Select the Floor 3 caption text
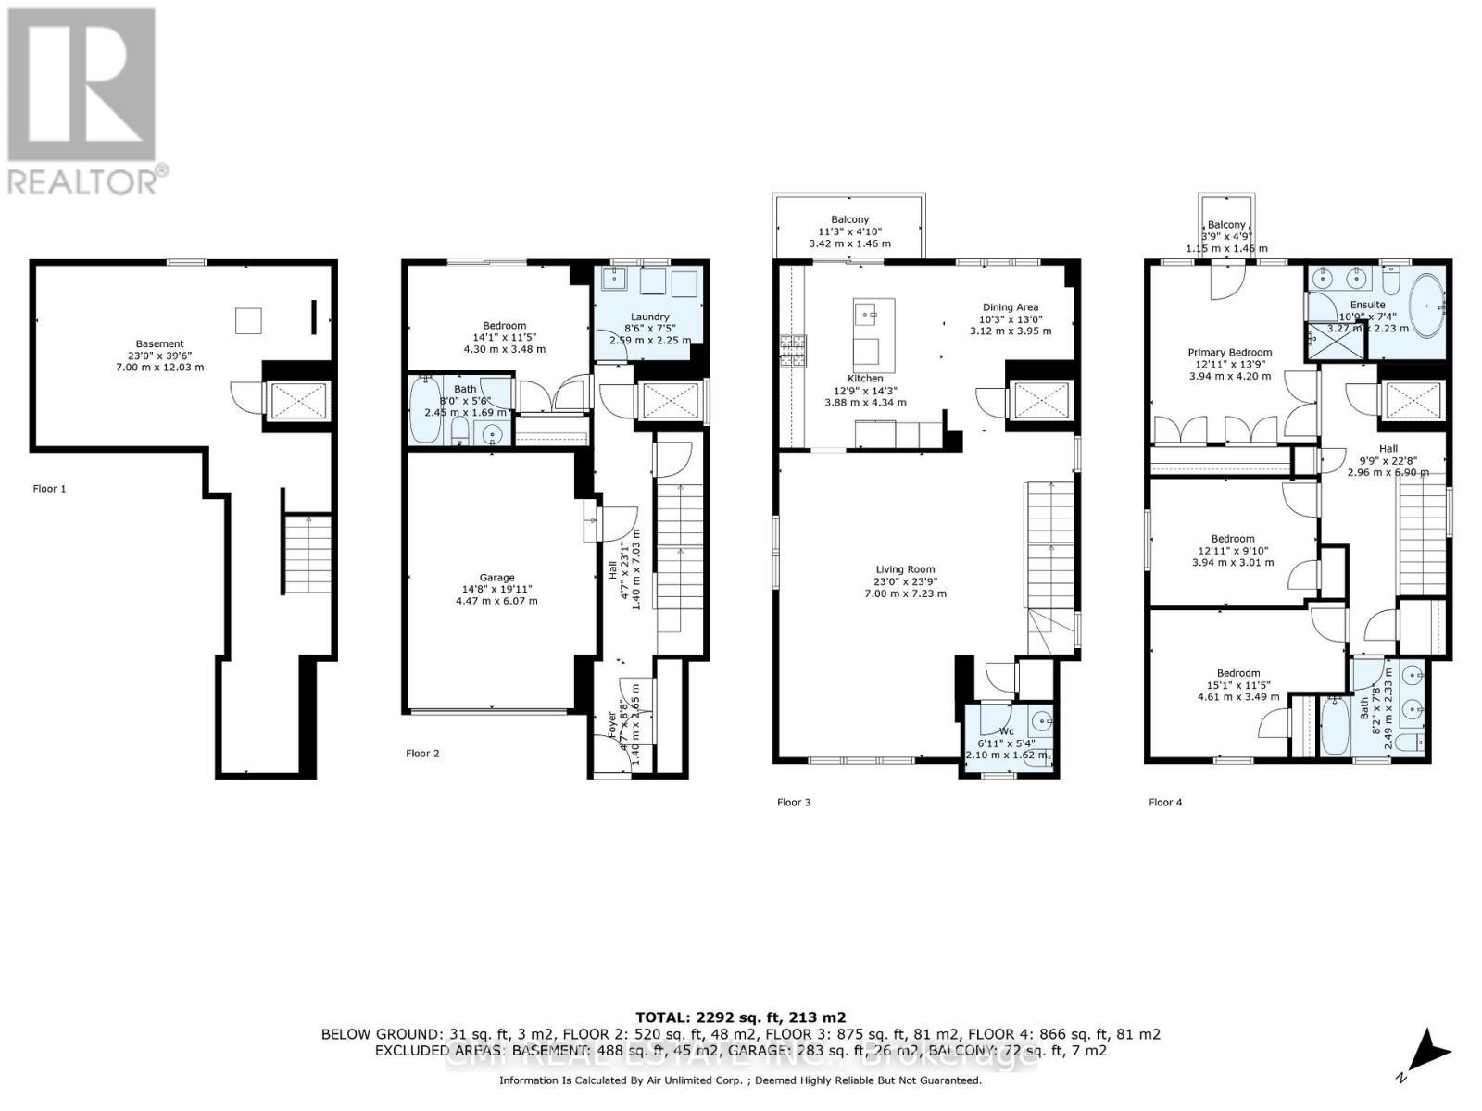[x=794, y=802]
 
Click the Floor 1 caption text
[x=49, y=488]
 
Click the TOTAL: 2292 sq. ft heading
[x=740, y=1017]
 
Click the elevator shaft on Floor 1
[x=295, y=401]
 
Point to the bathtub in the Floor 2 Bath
[x=427, y=410]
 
